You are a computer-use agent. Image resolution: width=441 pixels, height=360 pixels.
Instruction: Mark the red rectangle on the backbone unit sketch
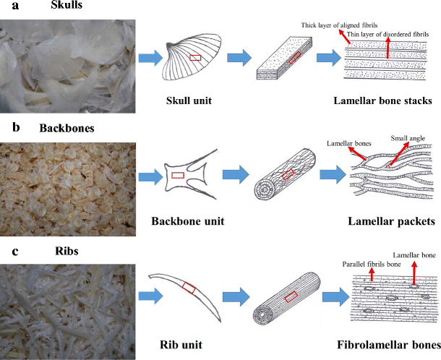(177, 175)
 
